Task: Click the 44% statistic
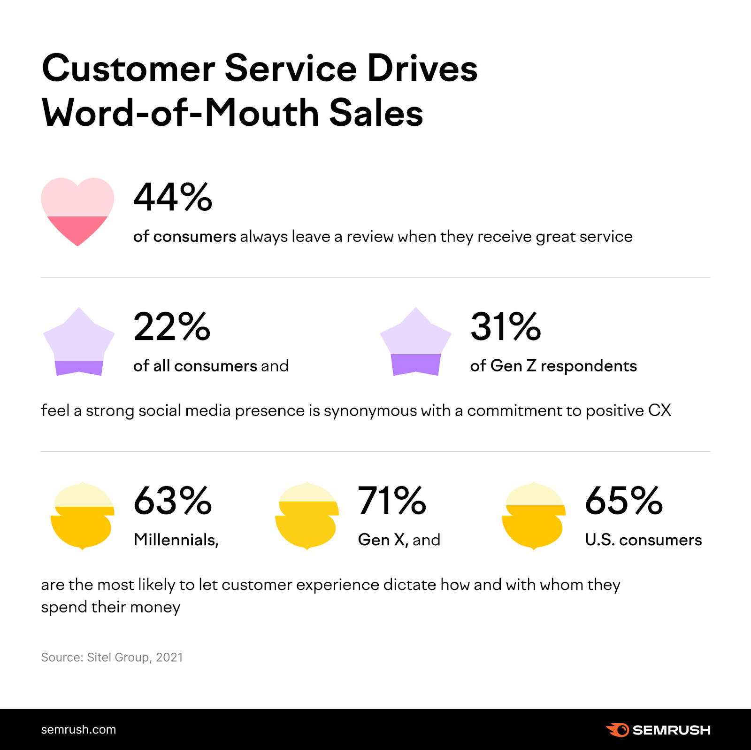coord(173,198)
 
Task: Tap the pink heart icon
coord(77,211)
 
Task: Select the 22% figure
coord(172,327)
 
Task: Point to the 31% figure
coord(506,327)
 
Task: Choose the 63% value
coord(173,501)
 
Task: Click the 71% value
coord(392,501)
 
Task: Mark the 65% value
coord(624,501)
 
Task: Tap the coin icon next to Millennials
coord(82,516)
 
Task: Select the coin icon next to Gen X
coord(307,516)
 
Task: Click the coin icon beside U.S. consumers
coord(534,516)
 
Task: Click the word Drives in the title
coord(422,69)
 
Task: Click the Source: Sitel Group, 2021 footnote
coord(112,657)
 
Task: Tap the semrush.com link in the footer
coord(78,729)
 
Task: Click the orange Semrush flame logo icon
coord(617,730)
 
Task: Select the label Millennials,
coord(176,540)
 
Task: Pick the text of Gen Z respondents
coord(553,366)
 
